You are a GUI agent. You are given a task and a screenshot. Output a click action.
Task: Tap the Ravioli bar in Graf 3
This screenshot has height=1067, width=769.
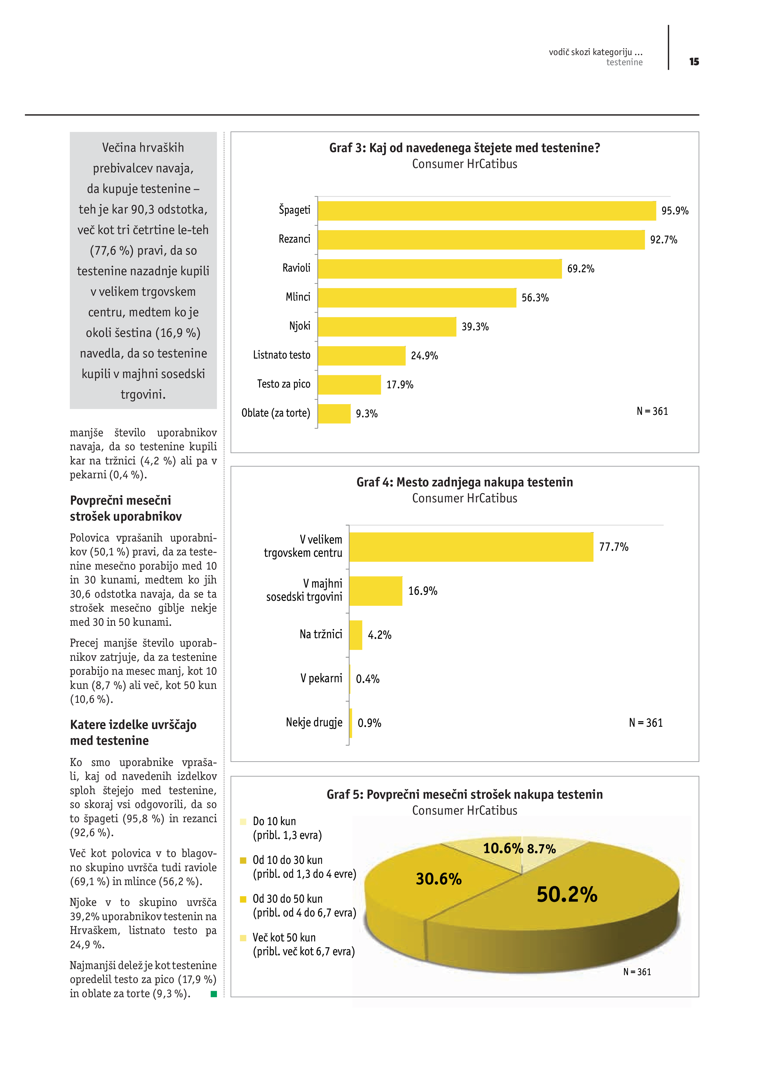click(x=439, y=269)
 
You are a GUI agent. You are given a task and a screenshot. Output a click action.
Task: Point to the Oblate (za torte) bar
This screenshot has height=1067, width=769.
click(x=334, y=413)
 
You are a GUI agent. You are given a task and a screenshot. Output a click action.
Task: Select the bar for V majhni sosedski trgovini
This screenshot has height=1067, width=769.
click(x=375, y=591)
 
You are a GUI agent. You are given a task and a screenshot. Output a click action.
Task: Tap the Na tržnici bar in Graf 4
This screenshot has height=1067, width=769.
click(x=356, y=635)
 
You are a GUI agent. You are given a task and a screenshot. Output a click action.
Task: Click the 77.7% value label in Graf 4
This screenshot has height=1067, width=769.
click(x=613, y=547)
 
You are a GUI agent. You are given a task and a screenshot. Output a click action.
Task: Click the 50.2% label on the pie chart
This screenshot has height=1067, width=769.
click(x=567, y=894)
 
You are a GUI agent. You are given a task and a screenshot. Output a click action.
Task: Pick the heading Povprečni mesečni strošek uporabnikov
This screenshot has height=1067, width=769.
click(x=126, y=508)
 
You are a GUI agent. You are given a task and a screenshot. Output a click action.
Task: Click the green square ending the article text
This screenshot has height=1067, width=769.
click(x=213, y=994)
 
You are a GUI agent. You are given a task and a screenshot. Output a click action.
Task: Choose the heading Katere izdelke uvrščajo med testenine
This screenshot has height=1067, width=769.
click(x=133, y=732)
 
